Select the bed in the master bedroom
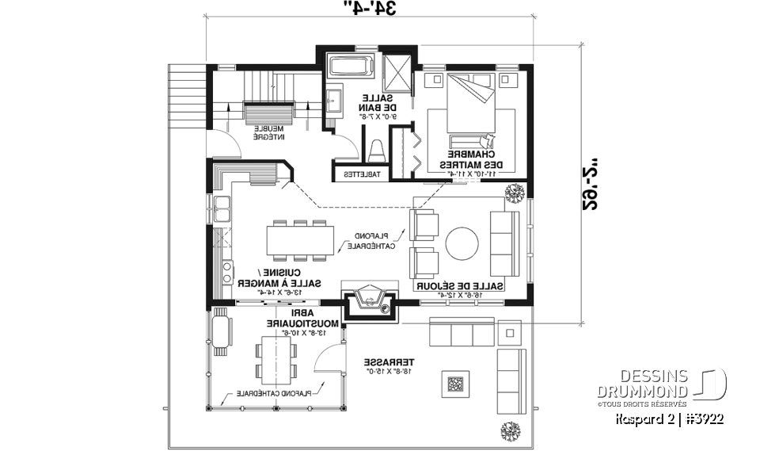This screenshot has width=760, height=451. (472, 104)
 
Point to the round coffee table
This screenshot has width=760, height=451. (462, 243)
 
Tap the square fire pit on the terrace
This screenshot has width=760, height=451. (457, 384)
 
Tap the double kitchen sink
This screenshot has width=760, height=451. (220, 209)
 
